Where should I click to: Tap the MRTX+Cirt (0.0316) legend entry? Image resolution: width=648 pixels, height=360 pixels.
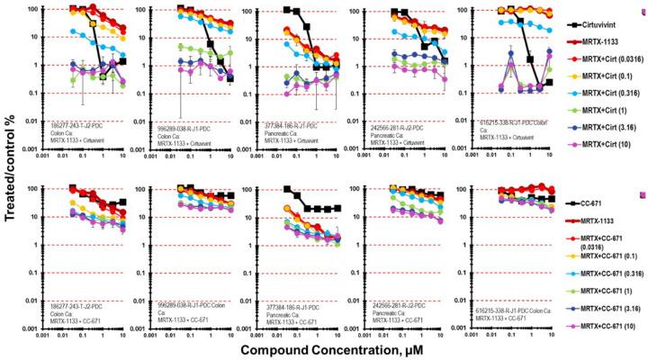605,59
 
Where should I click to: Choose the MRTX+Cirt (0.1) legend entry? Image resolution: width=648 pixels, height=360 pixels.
600,76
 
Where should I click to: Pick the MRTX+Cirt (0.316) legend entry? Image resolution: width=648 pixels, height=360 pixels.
603,92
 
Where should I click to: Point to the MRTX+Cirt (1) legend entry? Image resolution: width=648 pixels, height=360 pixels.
597,108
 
